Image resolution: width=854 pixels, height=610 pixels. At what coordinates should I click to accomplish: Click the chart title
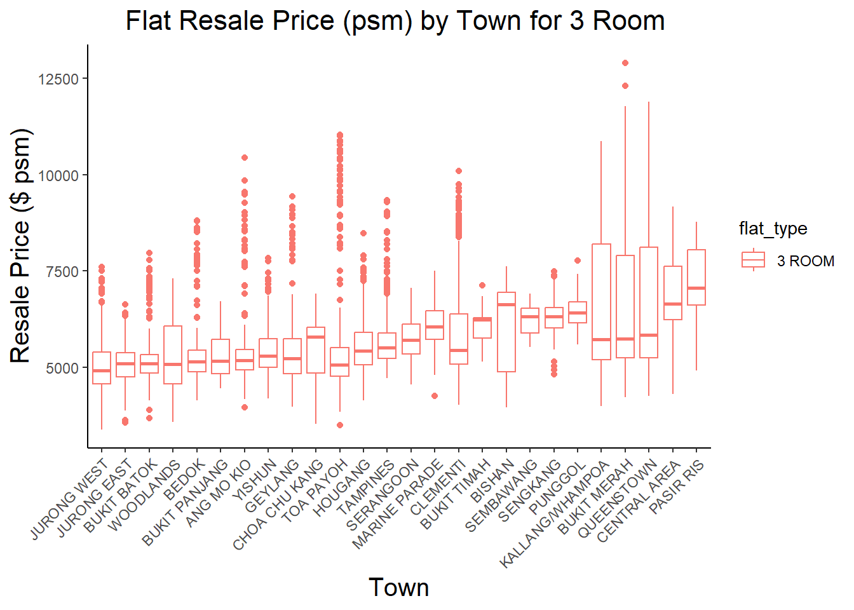tap(395, 21)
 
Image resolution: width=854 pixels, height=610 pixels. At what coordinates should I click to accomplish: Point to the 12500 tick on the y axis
tap(58, 79)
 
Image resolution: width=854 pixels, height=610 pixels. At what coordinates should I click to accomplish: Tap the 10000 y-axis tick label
tap(58, 176)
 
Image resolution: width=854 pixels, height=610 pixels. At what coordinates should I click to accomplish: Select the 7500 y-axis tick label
tap(62, 272)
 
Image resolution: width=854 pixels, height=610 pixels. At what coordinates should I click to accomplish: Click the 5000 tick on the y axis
tap(62, 369)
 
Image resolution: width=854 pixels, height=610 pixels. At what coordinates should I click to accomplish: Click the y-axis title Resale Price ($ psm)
tap(20, 246)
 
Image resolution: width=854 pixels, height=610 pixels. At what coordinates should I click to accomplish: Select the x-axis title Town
tap(398, 587)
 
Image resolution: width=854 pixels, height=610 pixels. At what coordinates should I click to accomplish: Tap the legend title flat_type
tap(773, 229)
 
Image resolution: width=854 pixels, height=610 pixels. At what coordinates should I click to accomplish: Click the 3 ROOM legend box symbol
tap(753, 260)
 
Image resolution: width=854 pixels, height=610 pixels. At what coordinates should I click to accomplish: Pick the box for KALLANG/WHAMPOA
tap(601, 302)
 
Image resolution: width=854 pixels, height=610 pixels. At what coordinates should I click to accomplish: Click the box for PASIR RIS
tap(696, 277)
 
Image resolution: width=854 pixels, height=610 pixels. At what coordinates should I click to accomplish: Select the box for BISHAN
tap(506, 332)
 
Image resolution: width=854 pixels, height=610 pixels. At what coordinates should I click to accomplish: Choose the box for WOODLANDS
tap(173, 355)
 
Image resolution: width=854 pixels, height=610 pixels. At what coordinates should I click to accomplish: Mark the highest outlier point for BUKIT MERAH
tap(625, 63)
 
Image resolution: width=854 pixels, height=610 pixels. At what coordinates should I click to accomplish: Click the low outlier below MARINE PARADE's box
tap(435, 396)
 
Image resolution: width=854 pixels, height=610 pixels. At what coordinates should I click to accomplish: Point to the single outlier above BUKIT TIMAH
tap(482, 285)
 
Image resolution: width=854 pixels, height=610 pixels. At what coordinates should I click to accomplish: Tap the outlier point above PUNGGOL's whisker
tap(578, 261)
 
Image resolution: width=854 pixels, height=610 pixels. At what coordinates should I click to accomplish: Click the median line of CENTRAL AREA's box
tap(673, 304)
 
